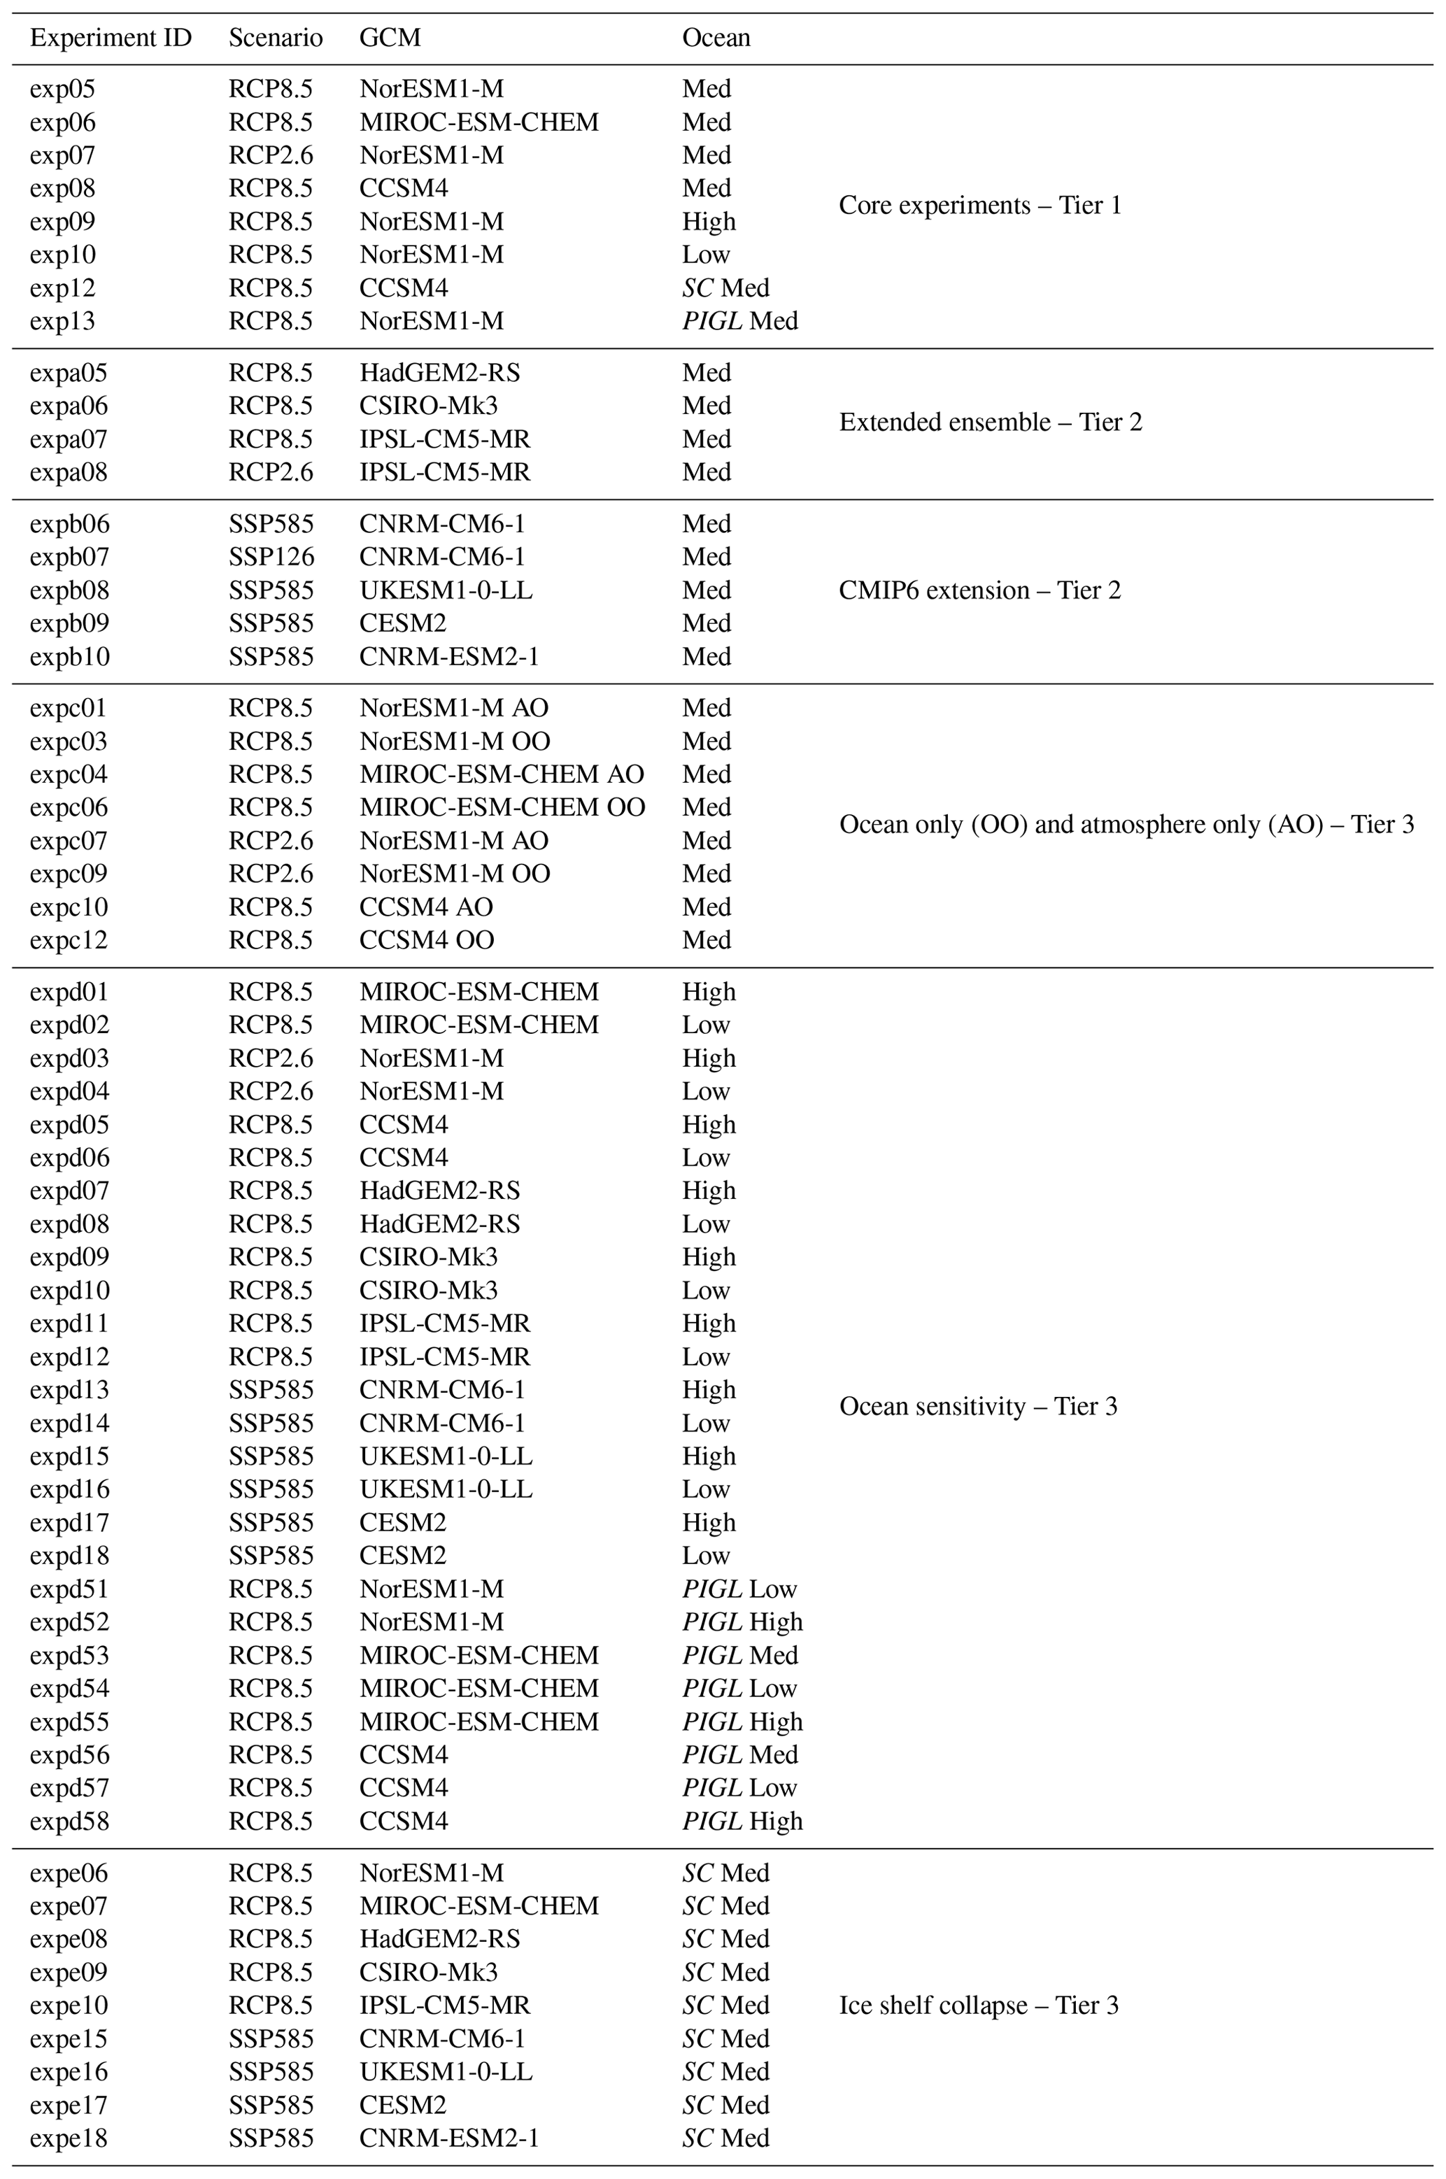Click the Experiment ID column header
click(x=111, y=38)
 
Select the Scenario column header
click(x=276, y=38)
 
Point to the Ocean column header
click(x=716, y=38)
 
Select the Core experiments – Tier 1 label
click(x=979, y=205)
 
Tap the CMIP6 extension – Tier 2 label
click(x=979, y=590)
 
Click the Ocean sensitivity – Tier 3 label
click(x=977, y=1406)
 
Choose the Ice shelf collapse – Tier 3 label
click(x=979, y=2005)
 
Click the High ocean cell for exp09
click(x=708, y=221)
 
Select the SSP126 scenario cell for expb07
click(x=271, y=557)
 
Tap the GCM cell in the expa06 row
click(x=428, y=406)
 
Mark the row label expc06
click(x=69, y=808)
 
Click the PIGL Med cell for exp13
click(x=739, y=321)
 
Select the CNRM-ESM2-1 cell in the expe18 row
click(x=448, y=2138)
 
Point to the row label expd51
click(x=69, y=1589)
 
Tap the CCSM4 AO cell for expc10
click(x=426, y=907)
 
